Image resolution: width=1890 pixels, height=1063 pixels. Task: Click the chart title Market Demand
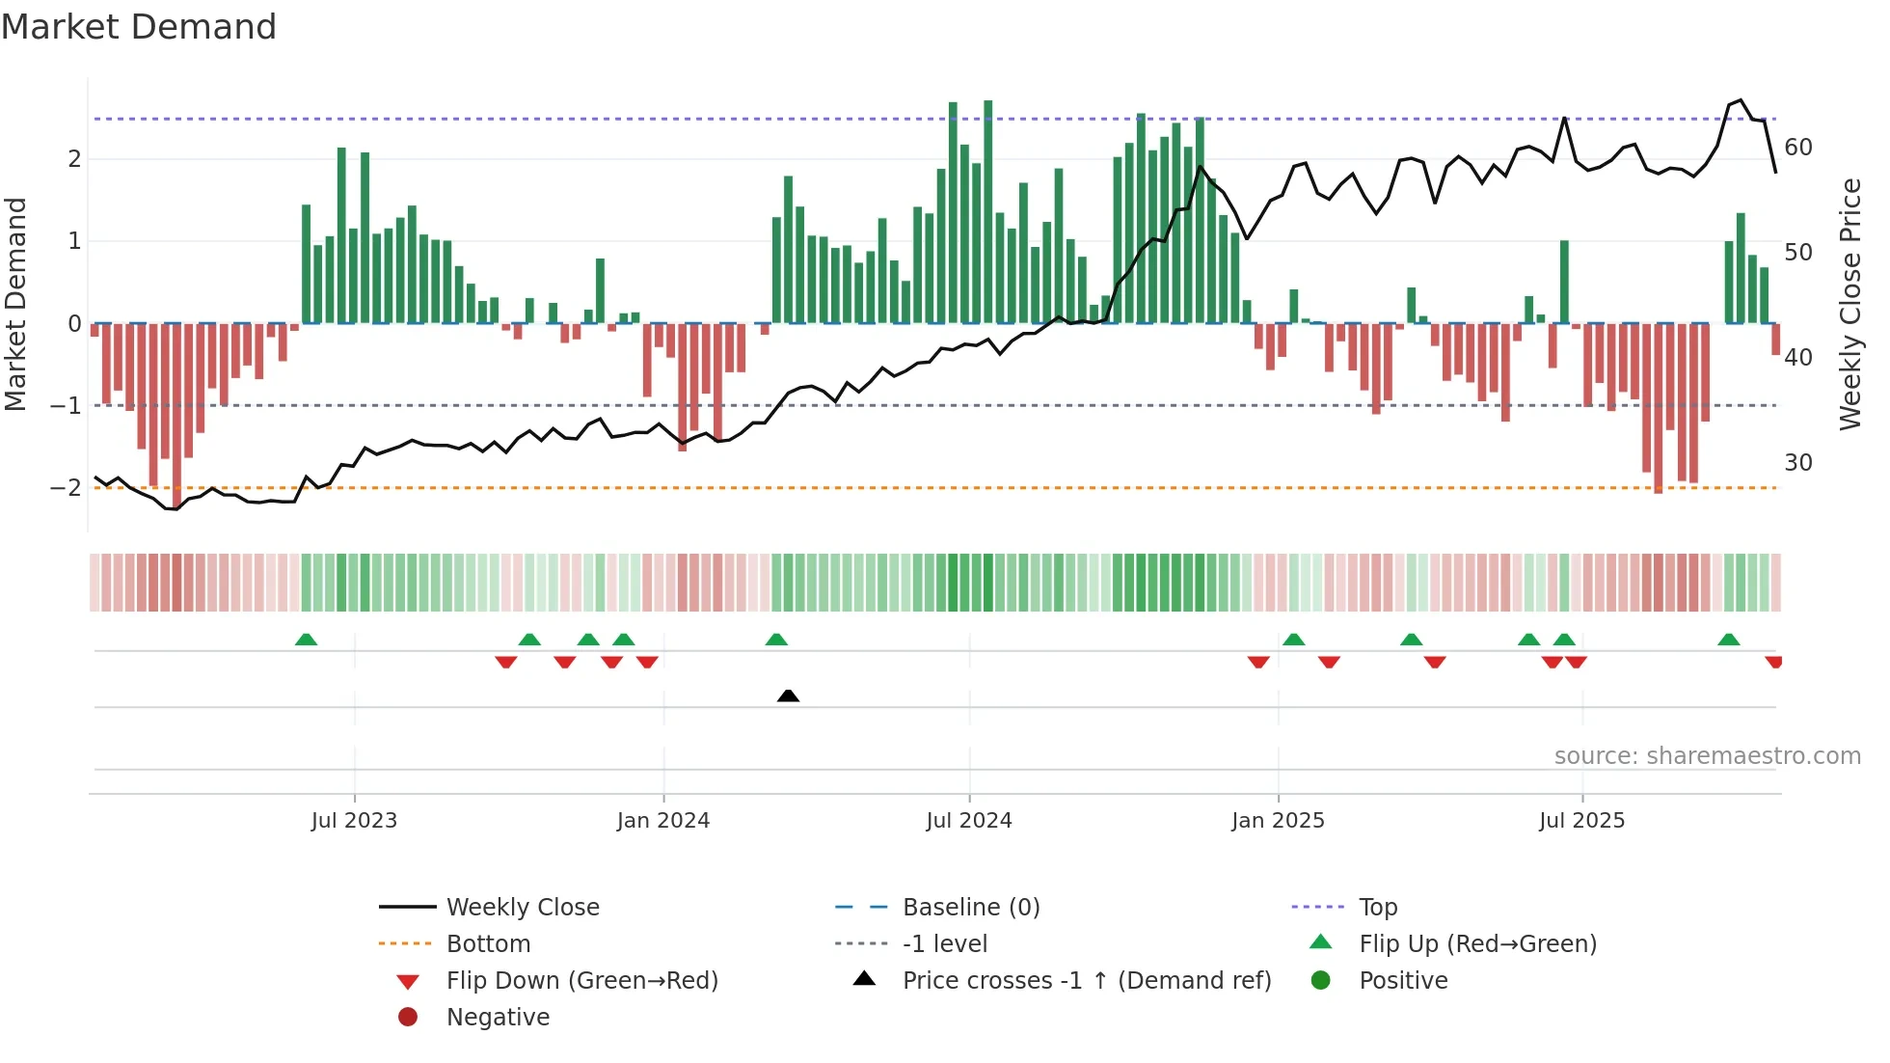tap(139, 27)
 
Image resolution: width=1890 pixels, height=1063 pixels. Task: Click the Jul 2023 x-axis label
tap(354, 821)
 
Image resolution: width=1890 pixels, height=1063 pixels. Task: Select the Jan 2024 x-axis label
tap(663, 821)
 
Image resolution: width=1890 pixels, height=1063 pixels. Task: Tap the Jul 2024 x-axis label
tap(969, 821)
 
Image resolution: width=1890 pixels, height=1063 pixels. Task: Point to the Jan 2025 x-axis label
tap(1278, 821)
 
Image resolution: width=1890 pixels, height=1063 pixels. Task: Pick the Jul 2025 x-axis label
tap(1581, 821)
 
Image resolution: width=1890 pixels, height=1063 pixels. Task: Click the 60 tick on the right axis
tap(1798, 148)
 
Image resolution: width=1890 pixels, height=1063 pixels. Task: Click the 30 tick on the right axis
tap(1798, 463)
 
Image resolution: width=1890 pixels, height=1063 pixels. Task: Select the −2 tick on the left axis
tap(66, 488)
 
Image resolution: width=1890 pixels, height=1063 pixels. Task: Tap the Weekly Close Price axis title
tap(1849, 304)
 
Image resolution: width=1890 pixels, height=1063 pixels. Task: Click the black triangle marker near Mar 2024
tap(788, 695)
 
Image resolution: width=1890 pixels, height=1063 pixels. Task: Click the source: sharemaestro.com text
tap(1707, 756)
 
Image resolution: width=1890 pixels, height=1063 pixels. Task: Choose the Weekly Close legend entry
tap(523, 908)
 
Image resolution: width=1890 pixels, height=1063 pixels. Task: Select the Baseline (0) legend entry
tap(970, 908)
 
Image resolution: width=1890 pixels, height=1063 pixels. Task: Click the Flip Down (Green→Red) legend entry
tap(581, 981)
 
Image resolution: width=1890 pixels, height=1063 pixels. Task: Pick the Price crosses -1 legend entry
tap(1086, 981)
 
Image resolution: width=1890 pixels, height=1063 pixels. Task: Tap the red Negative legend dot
tap(408, 1018)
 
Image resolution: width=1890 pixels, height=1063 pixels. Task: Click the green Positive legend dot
tap(1321, 981)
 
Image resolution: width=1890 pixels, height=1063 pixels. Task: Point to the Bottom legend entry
tap(488, 944)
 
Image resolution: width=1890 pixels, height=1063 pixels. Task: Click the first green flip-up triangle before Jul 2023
tap(306, 640)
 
